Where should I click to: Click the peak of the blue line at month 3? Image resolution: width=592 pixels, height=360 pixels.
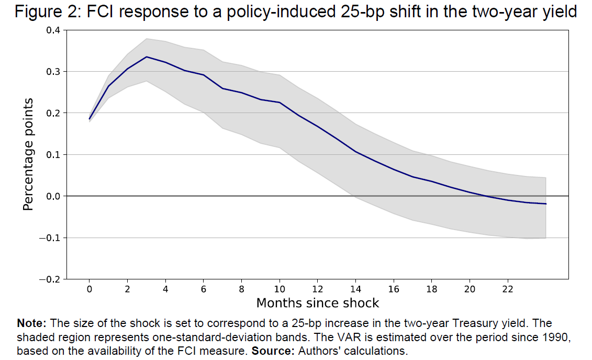click(147, 57)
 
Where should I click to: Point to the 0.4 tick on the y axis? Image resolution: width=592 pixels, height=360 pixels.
click(53, 30)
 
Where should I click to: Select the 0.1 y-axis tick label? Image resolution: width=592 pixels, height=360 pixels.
click(53, 155)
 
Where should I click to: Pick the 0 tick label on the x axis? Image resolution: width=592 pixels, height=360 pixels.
click(90, 289)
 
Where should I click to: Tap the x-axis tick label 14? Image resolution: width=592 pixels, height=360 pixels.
click(356, 289)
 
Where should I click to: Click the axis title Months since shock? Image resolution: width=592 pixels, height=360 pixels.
click(317, 303)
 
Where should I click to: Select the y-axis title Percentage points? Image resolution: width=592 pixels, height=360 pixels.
click(29, 154)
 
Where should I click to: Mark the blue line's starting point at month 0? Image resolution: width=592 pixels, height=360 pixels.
click(90, 119)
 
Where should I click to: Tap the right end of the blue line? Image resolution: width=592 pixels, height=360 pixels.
click(546, 204)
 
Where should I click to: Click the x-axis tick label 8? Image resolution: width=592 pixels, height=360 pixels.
click(242, 289)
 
